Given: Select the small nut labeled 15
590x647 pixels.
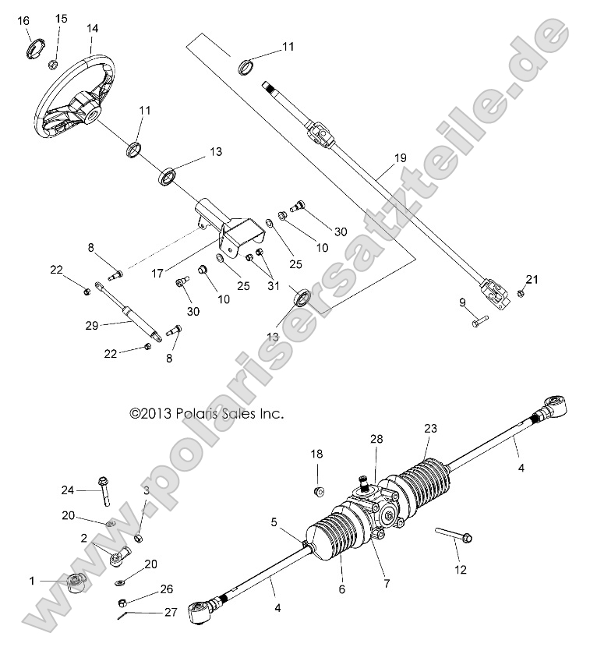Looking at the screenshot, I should pyautogui.click(x=54, y=64).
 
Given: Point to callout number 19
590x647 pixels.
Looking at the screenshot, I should pyautogui.click(x=400, y=158).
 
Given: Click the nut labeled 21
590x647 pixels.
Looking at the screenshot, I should pyautogui.click(x=521, y=293).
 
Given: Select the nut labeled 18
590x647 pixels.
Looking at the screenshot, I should pyautogui.click(x=318, y=491).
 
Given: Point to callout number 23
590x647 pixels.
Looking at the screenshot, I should pyautogui.click(x=430, y=428).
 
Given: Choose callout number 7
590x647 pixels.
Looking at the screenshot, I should pyautogui.click(x=365, y=582).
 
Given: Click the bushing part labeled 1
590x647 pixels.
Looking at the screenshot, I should pyautogui.click(x=76, y=582).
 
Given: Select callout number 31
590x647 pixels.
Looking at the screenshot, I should pyautogui.click(x=272, y=285).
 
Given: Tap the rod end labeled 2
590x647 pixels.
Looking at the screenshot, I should pyautogui.click(x=120, y=555).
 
